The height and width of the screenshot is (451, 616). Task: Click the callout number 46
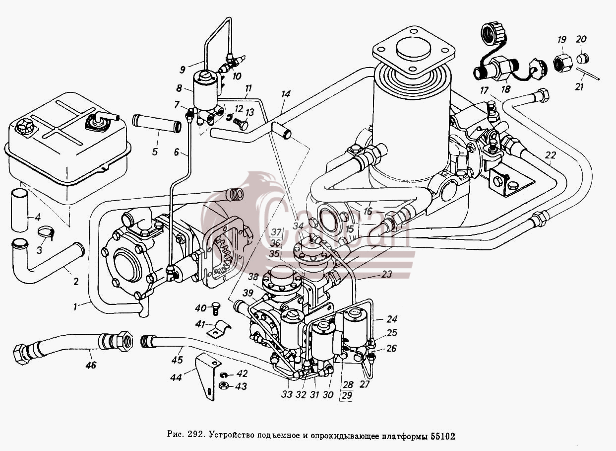pyautogui.click(x=91, y=365)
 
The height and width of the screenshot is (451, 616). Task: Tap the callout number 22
pyautogui.click(x=550, y=155)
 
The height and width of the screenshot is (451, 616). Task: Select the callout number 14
pyautogui.click(x=286, y=94)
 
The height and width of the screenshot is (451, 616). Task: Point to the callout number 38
pyautogui.click(x=253, y=277)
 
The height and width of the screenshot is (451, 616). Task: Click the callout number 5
pyautogui.click(x=155, y=151)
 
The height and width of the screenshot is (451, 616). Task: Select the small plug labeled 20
pyautogui.click(x=582, y=59)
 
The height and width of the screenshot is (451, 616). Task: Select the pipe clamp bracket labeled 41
pyautogui.click(x=219, y=330)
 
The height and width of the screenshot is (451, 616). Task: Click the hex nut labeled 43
pyautogui.click(x=224, y=386)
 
